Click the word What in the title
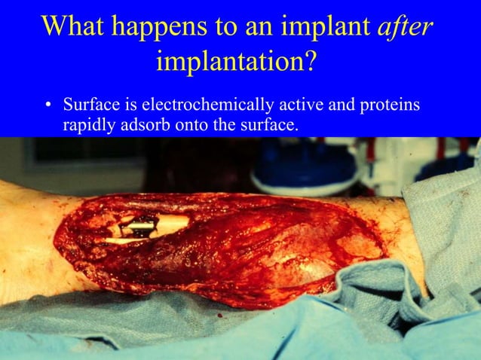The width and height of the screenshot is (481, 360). [x=75, y=26]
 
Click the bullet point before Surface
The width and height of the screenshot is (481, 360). [x=47, y=105]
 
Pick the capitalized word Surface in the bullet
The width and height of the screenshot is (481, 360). [x=89, y=104]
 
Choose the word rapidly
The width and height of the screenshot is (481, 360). [x=89, y=125]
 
